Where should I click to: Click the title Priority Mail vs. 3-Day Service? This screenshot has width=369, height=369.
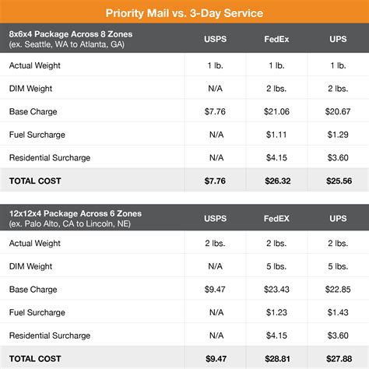point(184,12)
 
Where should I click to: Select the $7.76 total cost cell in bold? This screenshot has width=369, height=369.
point(216,180)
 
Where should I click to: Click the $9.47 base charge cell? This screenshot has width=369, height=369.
point(216,290)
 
